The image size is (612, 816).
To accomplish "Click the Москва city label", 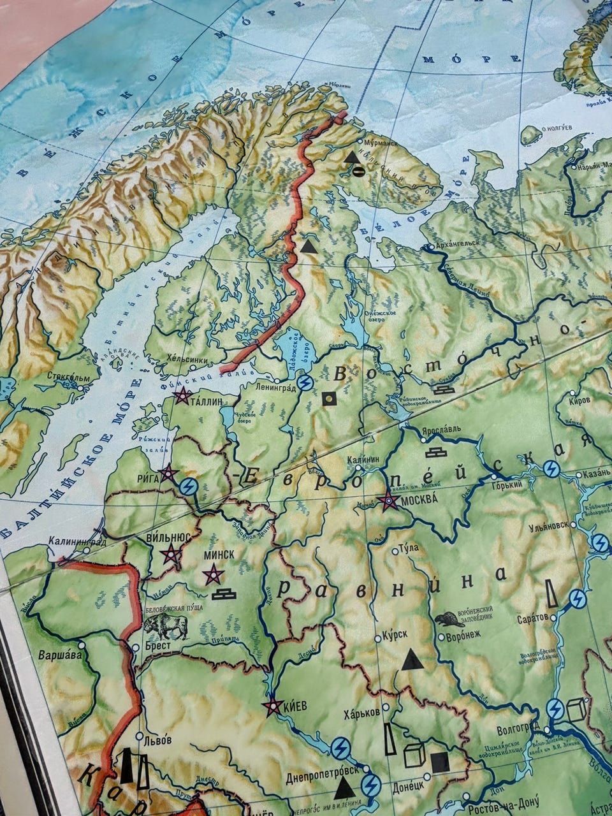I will (418, 501).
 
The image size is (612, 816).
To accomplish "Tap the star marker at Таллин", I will (182, 396).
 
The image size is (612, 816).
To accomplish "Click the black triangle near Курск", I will (412, 660).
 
